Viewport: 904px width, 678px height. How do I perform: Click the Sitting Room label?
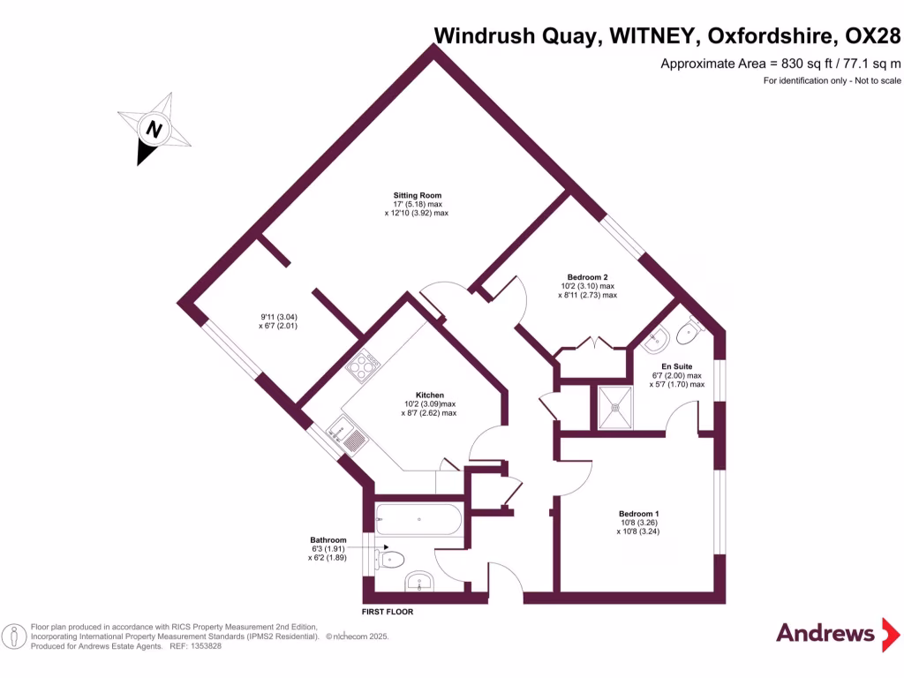[418, 195]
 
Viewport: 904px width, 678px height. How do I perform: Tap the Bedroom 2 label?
[587, 277]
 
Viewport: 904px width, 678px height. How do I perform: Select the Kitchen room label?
[430, 395]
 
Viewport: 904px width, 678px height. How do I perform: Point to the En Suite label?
[676, 365]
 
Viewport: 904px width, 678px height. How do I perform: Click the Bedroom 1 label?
[638, 514]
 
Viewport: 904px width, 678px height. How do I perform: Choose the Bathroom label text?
[328, 539]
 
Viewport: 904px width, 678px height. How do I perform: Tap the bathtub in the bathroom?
[418, 519]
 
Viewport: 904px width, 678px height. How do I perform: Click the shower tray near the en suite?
[614, 407]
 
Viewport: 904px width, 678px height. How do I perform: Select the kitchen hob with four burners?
[363, 365]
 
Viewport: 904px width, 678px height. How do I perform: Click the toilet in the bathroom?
[390, 559]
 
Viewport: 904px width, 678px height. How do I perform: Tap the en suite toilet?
[686, 333]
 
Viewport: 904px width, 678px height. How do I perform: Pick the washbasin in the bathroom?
[418, 583]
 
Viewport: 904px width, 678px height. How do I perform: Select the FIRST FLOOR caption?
[388, 612]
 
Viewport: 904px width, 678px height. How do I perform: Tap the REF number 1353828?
[205, 646]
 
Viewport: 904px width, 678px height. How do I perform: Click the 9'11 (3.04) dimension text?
[279, 318]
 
